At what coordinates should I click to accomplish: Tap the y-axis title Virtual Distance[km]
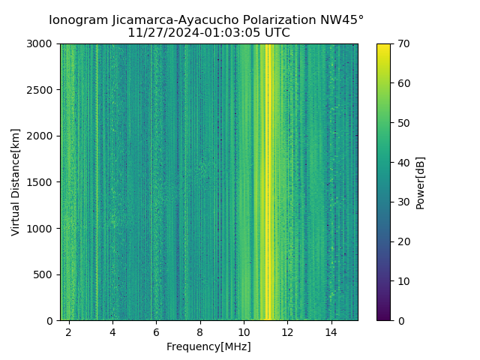[x=16, y=181]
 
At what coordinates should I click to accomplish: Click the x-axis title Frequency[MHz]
[x=208, y=346]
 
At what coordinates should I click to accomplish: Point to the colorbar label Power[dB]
[x=421, y=182]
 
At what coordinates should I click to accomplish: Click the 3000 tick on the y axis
[x=41, y=43]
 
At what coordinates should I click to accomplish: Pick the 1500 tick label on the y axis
[x=41, y=182]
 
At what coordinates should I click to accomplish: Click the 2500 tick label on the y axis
[x=41, y=90]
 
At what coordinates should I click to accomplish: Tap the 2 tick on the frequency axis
[x=69, y=331]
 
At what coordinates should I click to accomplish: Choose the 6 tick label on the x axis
[x=156, y=331]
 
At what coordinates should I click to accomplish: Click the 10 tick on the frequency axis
[x=244, y=331]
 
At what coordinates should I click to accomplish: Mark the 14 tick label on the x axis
[x=331, y=331]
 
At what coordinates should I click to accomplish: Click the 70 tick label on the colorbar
[x=402, y=43]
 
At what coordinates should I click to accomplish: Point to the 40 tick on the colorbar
[x=402, y=162]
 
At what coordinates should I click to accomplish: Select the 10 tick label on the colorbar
[x=402, y=280]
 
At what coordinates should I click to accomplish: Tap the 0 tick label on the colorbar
[x=400, y=320]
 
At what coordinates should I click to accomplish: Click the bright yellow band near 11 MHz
[x=268, y=180]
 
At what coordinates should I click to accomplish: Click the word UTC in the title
[x=276, y=33]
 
